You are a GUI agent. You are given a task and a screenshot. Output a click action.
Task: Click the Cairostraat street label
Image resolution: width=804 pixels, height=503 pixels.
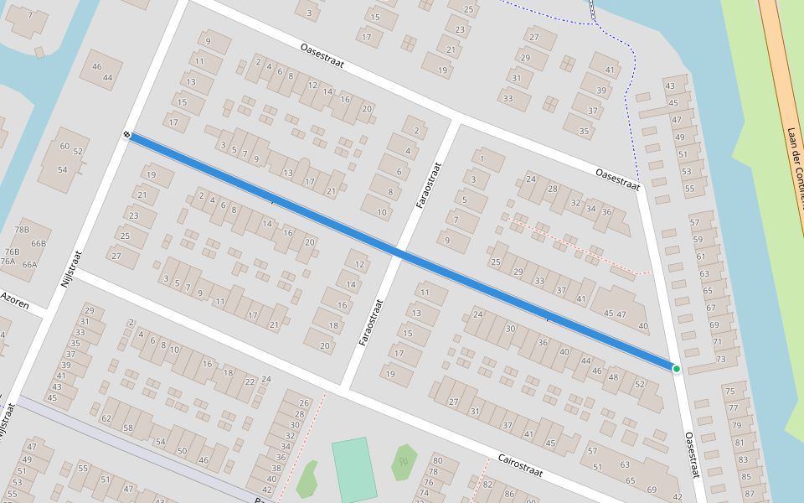(x=520, y=466)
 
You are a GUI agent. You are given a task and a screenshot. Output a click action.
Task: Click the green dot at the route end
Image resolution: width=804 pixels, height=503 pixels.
(x=676, y=369)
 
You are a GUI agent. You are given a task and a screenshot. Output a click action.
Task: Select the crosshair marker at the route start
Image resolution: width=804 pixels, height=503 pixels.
(x=126, y=134)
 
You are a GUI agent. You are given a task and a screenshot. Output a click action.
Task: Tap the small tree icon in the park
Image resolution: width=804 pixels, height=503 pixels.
(x=405, y=460)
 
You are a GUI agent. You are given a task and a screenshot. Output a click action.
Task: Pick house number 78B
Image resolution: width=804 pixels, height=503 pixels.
(x=21, y=230)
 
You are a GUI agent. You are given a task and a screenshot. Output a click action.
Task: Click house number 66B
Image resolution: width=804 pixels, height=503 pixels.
(x=39, y=243)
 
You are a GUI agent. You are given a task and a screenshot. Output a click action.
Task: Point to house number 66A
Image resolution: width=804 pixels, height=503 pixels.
(x=29, y=264)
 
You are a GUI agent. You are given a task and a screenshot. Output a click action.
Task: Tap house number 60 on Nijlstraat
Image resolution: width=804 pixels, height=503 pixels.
(x=65, y=147)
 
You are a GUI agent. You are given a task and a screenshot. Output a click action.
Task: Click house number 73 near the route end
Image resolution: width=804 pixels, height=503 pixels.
(x=720, y=359)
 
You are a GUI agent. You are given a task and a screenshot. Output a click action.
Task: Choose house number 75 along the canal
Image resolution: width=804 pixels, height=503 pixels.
(x=729, y=392)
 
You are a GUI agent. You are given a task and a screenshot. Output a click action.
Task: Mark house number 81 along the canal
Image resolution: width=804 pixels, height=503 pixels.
(x=739, y=443)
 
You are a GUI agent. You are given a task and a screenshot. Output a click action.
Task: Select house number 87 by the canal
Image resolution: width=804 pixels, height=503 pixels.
(x=749, y=493)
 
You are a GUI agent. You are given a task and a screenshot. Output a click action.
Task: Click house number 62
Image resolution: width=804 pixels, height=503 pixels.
(x=106, y=417)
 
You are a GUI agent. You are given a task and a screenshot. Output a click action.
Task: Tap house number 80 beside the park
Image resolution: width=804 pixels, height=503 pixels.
(x=437, y=460)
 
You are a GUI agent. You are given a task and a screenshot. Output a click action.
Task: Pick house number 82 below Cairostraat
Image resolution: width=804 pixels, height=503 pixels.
(x=487, y=485)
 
